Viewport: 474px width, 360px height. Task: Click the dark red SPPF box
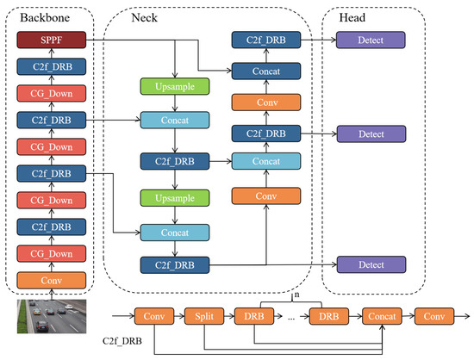50,40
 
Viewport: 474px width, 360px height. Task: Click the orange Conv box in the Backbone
50,280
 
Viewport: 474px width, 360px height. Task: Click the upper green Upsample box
174,87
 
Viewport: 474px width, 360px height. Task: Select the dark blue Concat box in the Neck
265,71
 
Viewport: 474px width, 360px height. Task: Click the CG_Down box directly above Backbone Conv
50,254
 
